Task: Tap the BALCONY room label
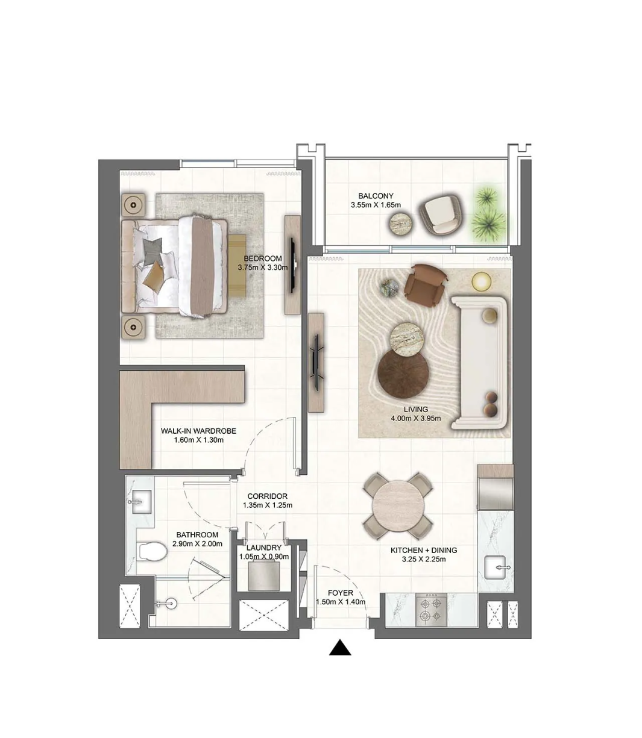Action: point(376,196)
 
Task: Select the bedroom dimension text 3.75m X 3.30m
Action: point(263,267)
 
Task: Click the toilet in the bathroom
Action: point(153,551)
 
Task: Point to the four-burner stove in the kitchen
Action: point(431,610)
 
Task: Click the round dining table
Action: point(397,505)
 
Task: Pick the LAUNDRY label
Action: point(264,548)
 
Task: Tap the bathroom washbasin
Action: point(142,501)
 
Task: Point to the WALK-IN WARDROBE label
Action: point(198,431)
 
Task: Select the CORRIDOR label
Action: point(268,496)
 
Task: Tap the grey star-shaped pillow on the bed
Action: point(153,249)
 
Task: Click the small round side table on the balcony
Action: point(401,224)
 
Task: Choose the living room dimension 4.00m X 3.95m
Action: point(416,419)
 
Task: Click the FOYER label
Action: point(341,593)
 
